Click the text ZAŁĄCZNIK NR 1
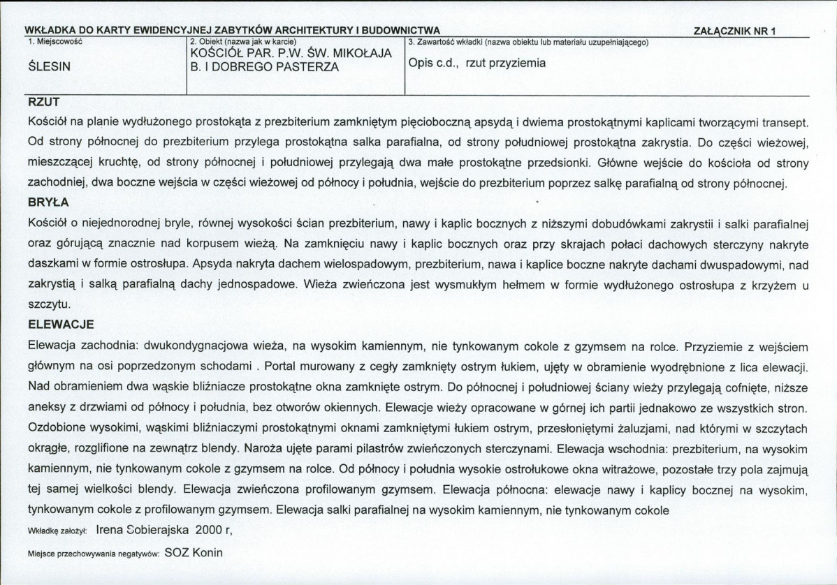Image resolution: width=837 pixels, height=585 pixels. tap(735, 31)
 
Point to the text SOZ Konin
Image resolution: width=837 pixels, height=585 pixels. tap(194, 552)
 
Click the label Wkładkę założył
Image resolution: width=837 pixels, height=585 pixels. tap(56, 531)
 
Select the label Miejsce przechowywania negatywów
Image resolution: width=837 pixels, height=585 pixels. tap(94, 554)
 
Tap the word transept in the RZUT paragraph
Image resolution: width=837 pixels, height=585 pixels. tap(785, 122)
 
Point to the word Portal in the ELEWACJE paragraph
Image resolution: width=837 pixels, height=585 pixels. tap(281, 366)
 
